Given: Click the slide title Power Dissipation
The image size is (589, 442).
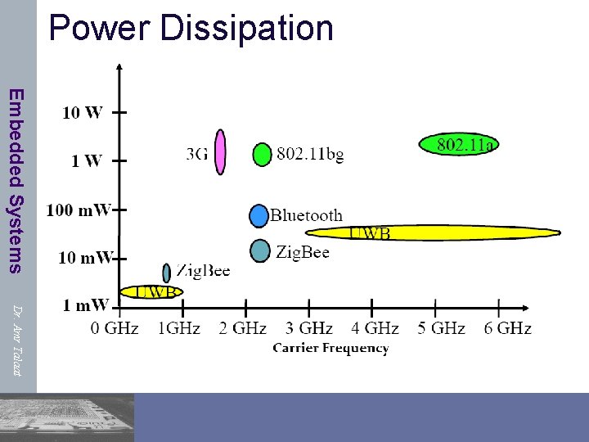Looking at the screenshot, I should pos(191,27).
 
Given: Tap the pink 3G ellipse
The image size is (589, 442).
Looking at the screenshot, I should pos(220,151).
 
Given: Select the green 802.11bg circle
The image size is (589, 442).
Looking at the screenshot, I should pos(262,154).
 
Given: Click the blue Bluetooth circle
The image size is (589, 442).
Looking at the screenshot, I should pos(259,215).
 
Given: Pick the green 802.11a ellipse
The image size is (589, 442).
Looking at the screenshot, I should pos(458,145).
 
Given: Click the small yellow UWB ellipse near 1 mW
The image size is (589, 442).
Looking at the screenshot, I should pos(151,291).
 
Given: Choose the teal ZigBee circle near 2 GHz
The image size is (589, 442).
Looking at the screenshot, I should pos(259,250).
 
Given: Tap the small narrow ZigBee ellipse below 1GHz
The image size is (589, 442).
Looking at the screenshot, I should pos(167,273).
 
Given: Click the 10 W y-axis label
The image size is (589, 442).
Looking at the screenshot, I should pos(82,113).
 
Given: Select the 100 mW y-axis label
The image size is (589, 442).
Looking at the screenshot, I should pos(79,210).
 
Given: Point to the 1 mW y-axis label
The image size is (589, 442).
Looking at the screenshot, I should pos(85,305).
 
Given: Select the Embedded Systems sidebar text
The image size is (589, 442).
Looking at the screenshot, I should pos(16,180).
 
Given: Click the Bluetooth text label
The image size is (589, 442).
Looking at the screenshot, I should pos(306,215).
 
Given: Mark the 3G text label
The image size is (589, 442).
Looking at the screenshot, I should pos(197,154).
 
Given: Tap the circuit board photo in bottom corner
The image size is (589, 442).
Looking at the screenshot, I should pos(67,417).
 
